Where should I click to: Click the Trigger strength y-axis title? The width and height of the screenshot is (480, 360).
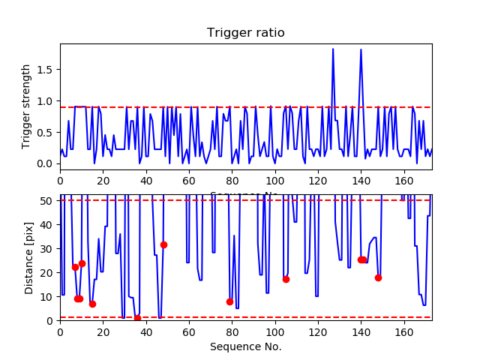pyautogui.click(x=27, y=106)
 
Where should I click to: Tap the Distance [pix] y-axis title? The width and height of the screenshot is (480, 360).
pyautogui.click(x=29, y=258)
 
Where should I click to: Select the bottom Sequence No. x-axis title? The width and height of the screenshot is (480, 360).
pyautogui.click(x=245, y=346)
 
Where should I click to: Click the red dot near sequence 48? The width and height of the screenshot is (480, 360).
pyautogui.click(x=163, y=244)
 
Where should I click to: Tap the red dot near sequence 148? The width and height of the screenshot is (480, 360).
pyautogui.click(x=378, y=277)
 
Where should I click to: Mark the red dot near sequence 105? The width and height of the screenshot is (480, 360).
pyautogui.click(x=286, y=279)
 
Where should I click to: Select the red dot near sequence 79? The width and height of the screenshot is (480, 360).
pyautogui.click(x=229, y=301)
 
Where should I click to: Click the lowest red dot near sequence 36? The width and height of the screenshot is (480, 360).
pyautogui.click(x=137, y=318)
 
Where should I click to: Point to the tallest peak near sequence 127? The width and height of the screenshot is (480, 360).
pyautogui.click(x=333, y=49)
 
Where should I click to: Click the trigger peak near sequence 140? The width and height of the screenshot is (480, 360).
pyautogui.click(x=361, y=50)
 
